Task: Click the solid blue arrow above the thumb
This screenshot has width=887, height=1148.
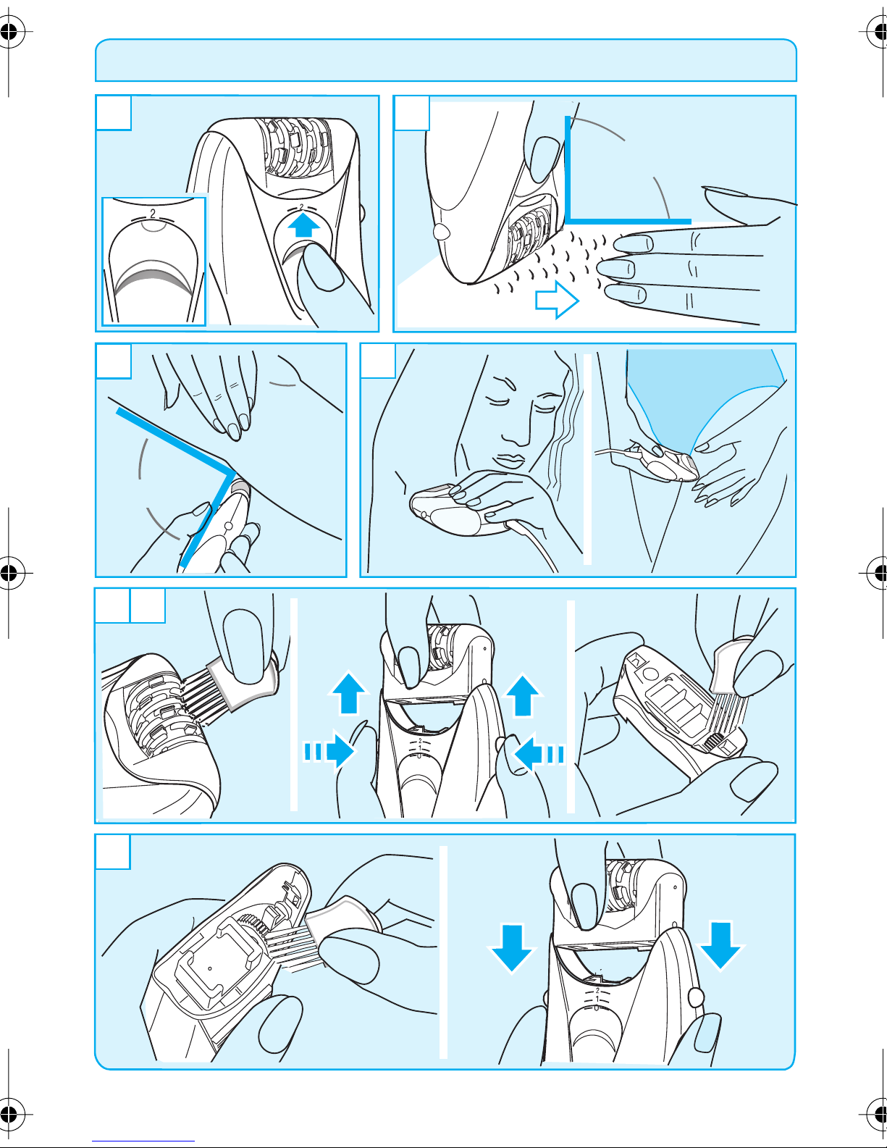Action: click(x=304, y=224)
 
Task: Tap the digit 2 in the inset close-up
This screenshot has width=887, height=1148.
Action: click(x=153, y=214)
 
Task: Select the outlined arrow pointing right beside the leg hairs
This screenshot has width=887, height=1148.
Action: click(x=557, y=300)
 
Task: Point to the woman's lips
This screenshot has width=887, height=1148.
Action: click(x=508, y=461)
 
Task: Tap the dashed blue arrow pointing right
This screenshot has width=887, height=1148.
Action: click(x=329, y=750)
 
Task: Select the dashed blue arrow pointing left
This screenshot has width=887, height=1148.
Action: click(x=539, y=753)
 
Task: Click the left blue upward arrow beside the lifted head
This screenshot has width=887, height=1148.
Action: click(x=348, y=693)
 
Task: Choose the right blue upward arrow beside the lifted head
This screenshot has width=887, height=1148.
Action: click(x=522, y=695)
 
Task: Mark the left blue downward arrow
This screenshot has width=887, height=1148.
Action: click(x=511, y=948)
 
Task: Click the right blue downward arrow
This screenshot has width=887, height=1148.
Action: click(x=720, y=946)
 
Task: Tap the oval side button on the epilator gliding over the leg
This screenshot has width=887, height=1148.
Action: click(x=440, y=231)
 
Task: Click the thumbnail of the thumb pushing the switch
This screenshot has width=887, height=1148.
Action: click(x=323, y=267)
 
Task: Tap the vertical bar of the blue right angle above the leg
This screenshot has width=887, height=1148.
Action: click(x=568, y=168)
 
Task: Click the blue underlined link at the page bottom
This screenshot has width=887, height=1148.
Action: click(x=143, y=1141)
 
